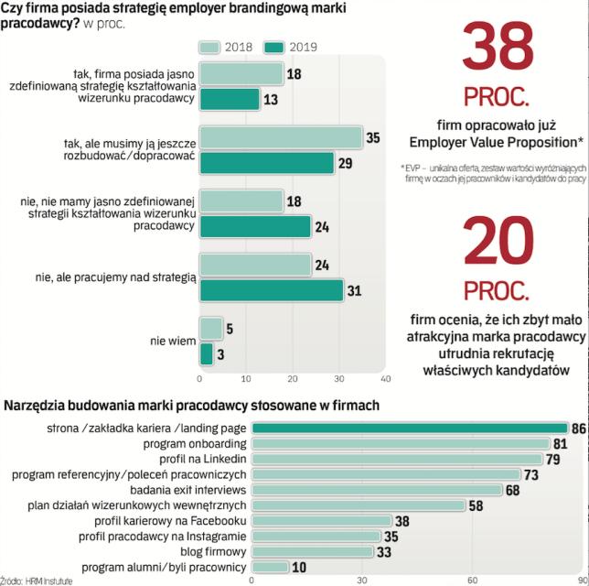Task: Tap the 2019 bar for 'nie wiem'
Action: tap(206, 353)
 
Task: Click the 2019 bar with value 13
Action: tap(230, 99)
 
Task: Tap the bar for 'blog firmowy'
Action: tap(313, 551)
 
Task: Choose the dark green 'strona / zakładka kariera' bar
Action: tap(410, 428)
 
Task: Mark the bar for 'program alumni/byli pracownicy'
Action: tap(270, 567)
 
